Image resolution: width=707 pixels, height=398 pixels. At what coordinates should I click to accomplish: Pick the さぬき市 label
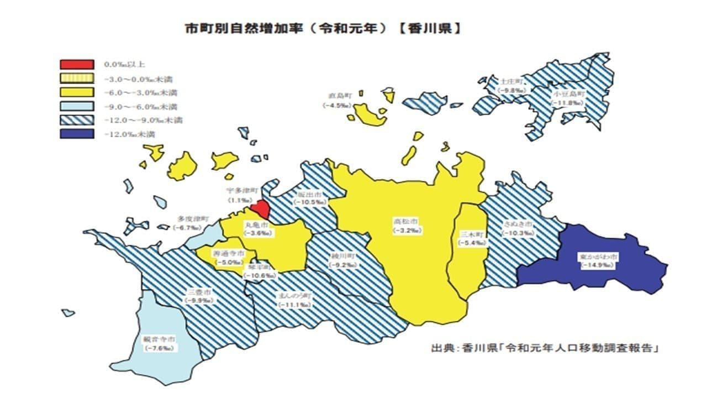518,225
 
